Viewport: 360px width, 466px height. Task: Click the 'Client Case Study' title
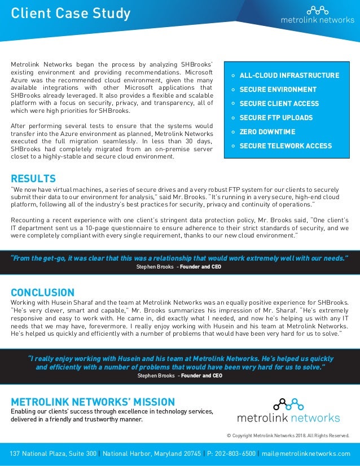click(71, 13)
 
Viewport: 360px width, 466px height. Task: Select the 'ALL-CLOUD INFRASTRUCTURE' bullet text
click(289, 76)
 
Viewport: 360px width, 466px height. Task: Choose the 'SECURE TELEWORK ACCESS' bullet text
click(286, 146)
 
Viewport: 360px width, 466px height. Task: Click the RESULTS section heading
click(33, 179)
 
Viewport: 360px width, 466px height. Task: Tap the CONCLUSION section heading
click(42, 292)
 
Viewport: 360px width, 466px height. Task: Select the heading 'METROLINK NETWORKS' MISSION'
click(93, 402)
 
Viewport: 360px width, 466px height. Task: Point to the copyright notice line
click(287, 435)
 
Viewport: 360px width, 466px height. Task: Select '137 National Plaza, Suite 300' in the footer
click(53, 454)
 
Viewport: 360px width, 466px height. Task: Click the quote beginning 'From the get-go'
click(179, 258)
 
